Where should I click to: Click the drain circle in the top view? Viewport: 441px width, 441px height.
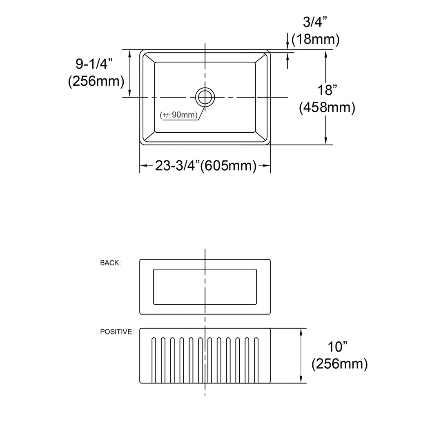point(205,97)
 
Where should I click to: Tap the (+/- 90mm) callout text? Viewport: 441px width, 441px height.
point(179,115)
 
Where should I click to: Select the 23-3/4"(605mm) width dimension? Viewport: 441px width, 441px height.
point(205,165)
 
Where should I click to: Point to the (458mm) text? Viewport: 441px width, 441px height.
point(327,107)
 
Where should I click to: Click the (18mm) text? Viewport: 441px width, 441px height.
point(315,40)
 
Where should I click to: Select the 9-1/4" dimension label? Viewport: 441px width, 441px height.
point(94,64)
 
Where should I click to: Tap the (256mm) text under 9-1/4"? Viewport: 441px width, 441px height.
point(96,81)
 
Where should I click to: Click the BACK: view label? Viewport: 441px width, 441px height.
point(110,263)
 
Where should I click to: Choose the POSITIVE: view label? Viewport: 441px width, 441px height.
point(117,332)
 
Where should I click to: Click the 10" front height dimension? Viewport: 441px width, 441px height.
point(337,347)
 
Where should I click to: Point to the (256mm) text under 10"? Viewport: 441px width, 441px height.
point(339,364)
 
